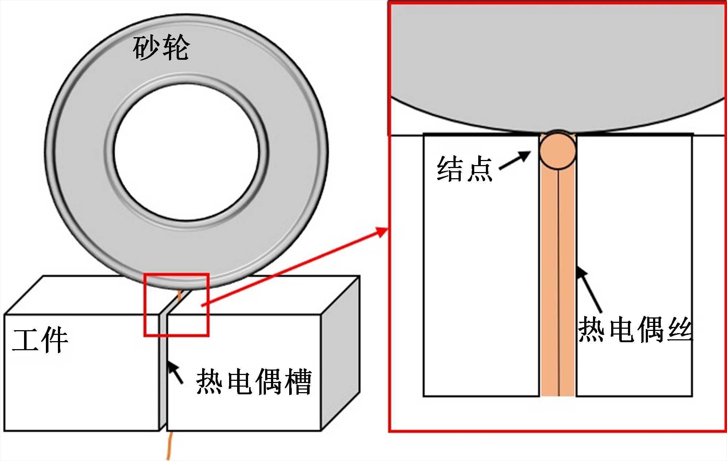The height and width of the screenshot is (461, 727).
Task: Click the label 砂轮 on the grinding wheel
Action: [x=161, y=48]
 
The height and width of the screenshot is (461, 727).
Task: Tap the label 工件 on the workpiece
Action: [x=40, y=340]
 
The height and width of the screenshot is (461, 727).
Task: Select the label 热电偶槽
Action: [x=254, y=382]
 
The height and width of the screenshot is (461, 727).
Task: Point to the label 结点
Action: [x=465, y=169]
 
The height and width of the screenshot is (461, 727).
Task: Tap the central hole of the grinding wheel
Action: [x=186, y=152]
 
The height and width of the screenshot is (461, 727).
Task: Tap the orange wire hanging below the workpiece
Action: [x=169, y=446]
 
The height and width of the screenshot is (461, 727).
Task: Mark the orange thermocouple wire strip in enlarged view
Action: [x=558, y=284]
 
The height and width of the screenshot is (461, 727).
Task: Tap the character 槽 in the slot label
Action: [x=298, y=382]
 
